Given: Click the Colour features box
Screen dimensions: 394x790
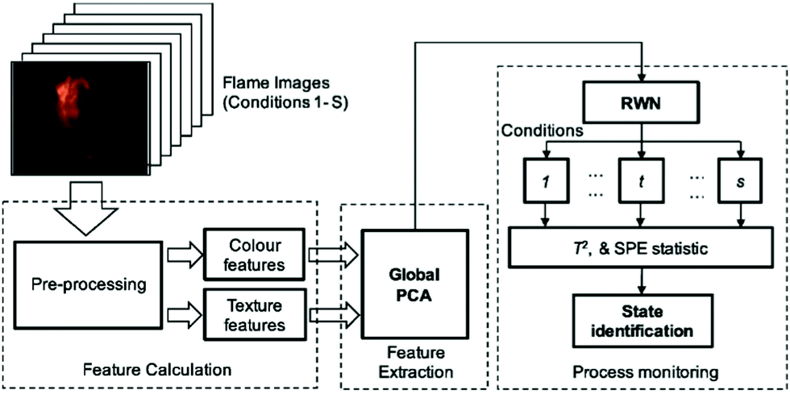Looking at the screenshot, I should coord(246,254).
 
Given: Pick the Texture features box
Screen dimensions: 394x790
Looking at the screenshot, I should coord(246,314).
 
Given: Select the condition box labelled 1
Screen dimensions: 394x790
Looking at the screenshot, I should coord(546,184).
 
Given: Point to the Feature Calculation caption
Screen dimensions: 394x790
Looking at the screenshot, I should coord(157,370).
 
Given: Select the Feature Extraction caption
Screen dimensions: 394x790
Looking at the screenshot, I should coord(415,363).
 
